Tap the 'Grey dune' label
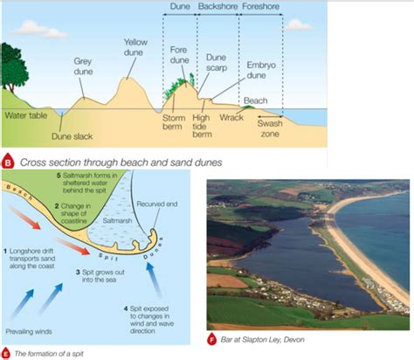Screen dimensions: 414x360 point(83,66)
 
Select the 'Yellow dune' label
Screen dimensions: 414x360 point(135,47)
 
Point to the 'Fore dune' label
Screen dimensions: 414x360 point(179,55)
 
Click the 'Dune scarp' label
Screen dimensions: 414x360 point(217,63)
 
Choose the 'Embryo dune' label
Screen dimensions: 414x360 point(260,70)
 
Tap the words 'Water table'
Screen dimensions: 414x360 point(26,115)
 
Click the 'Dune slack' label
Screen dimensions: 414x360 point(72,136)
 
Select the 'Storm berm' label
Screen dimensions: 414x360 point(174,122)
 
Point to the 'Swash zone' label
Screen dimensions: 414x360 point(270,128)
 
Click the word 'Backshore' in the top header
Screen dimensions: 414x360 point(217,6)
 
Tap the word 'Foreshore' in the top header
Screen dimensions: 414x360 point(260,6)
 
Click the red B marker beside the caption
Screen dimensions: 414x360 point(8,162)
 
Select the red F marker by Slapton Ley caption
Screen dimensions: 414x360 point(211,339)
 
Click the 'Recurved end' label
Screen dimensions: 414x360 point(157,204)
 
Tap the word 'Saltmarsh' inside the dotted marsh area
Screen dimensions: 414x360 point(117,221)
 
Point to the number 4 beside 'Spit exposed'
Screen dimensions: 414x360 point(126,308)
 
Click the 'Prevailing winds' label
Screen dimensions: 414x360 point(29,331)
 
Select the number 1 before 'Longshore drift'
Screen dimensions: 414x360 point(5,251)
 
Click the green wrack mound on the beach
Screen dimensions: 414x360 point(248,107)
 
